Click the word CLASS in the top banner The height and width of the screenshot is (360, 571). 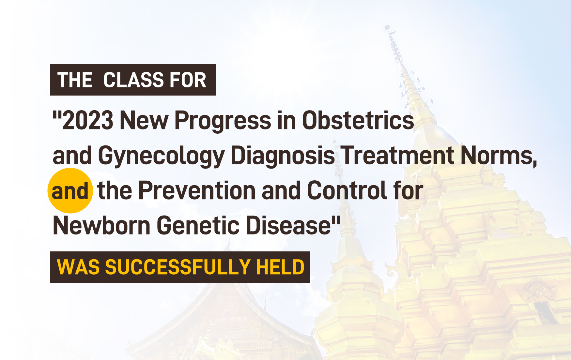click(x=129, y=80)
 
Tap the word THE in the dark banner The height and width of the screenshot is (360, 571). click(x=75, y=80)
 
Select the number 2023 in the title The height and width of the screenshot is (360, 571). click(x=88, y=120)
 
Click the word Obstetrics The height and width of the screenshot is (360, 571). click(x=358, y=120)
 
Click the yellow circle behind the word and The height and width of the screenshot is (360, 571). click(x=70, y=190)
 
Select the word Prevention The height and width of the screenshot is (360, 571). click(x=197, y=190)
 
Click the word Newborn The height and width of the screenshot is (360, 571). click(x=101, y=225)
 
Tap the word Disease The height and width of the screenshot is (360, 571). click(x=288, y=225)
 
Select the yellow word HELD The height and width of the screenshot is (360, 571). click(x=280, y=267)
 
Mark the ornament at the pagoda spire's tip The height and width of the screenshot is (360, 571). click(x=387, y=27)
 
